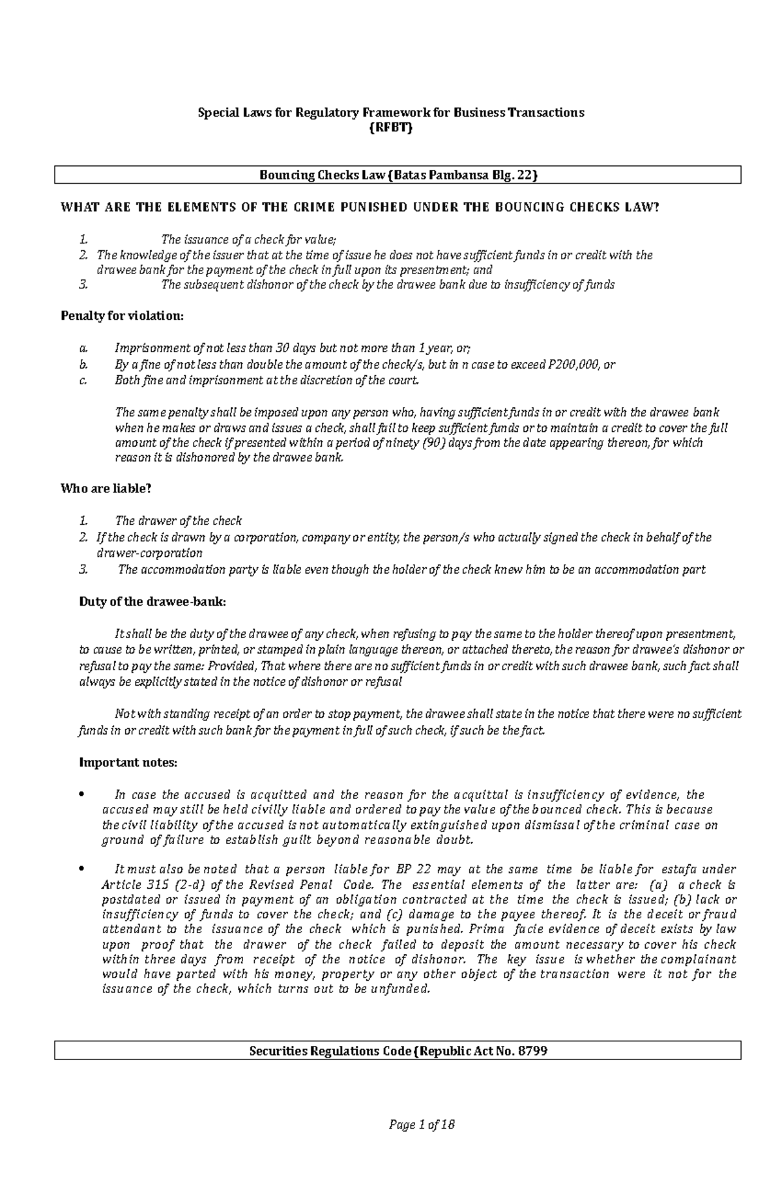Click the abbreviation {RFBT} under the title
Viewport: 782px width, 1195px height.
point(391,128)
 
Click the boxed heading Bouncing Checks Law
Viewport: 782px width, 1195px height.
point(398,175)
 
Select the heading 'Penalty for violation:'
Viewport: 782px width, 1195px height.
point(122,316)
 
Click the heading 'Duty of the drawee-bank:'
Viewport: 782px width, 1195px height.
point(152,602)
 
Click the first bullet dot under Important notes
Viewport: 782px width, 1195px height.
point(81,794)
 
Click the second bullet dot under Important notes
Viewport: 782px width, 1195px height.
point(81,869)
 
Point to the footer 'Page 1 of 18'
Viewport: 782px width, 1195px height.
point(421,1125)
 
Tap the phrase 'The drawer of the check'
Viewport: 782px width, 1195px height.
point(178,521)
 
